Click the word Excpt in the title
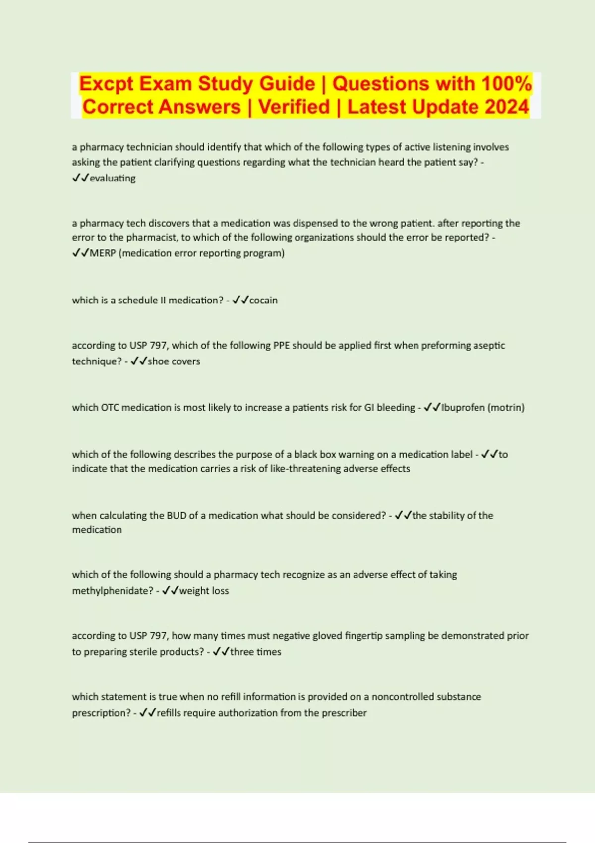click(x=106, y=83)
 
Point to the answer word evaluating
click(x=113, y=178)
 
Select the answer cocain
click(x=263, y=301)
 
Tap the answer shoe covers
click(x=174, y=361)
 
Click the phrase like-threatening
click(x=298, y=469)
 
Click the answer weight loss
click(x=204, y=591)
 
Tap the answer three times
click(x=255, y=652)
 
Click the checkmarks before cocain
click(x=240, y=301)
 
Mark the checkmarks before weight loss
click(x=170, y=591)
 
